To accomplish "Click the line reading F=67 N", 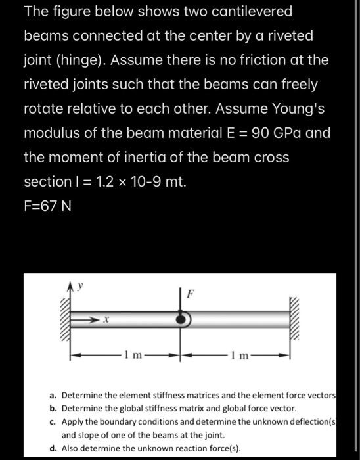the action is pyautogui.click(x=47, y=206).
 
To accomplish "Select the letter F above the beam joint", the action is pyautogui.click(x=190, y=294).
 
